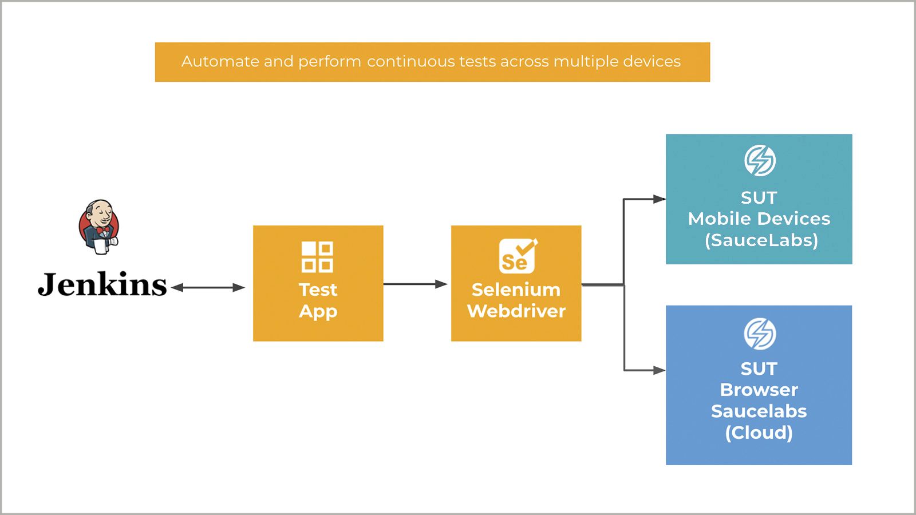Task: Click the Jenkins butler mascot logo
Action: click(99, 227)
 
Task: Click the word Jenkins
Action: click(102, 284)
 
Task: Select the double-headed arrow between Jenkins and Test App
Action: click(208, 288)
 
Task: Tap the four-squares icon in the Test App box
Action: click(317, 257)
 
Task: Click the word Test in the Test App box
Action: click(318, 290)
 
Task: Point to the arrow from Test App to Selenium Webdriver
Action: click(415, 284)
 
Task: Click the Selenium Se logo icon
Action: click(518, 256)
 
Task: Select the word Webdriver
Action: click(516, 311)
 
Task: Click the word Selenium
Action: click(516, 290)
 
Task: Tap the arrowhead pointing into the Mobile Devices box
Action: click(659, 199)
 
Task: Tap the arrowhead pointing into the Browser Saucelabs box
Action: click(659, 370)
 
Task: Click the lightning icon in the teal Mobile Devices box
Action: click(760, 160)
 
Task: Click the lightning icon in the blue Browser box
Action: click(760, 334)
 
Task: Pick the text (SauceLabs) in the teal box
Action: click(761, 240)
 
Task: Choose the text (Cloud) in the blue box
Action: click(759, 433)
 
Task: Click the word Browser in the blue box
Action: click(759, 390)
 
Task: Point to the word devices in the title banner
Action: click(652, 61)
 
